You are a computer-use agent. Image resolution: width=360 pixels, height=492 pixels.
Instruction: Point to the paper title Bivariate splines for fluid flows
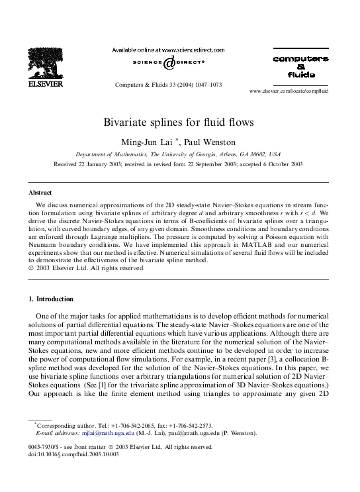point(179,123)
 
